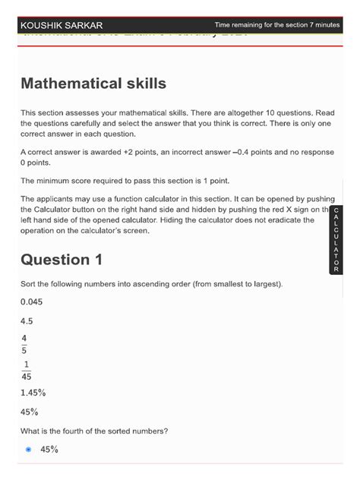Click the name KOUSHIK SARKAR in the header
click(61, 25)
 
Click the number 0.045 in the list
click(32, 302)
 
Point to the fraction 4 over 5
click(25, 344)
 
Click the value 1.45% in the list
click(34, 393)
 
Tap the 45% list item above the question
click(30, 412)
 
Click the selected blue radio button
click(29, 450)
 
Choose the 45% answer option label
click(49, 450)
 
